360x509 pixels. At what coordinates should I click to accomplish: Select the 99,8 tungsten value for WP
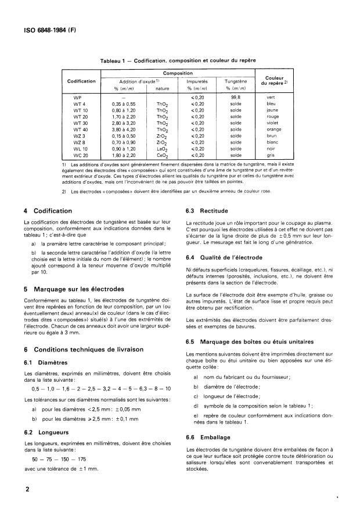236,96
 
